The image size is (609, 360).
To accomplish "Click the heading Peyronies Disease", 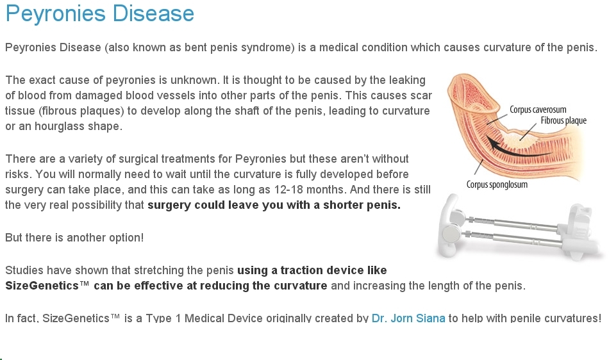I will (x=99, y=14).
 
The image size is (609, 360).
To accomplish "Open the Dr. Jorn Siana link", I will (x=408, y=318).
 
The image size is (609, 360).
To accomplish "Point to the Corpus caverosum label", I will (x=538, y=110).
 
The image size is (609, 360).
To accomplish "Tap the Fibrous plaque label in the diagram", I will (x=563, y=120).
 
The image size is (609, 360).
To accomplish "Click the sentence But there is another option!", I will (x=74, y=238).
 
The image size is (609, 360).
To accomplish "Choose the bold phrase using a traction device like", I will (x=312, y=270).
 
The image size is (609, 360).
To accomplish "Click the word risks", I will (x=18, y=174).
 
